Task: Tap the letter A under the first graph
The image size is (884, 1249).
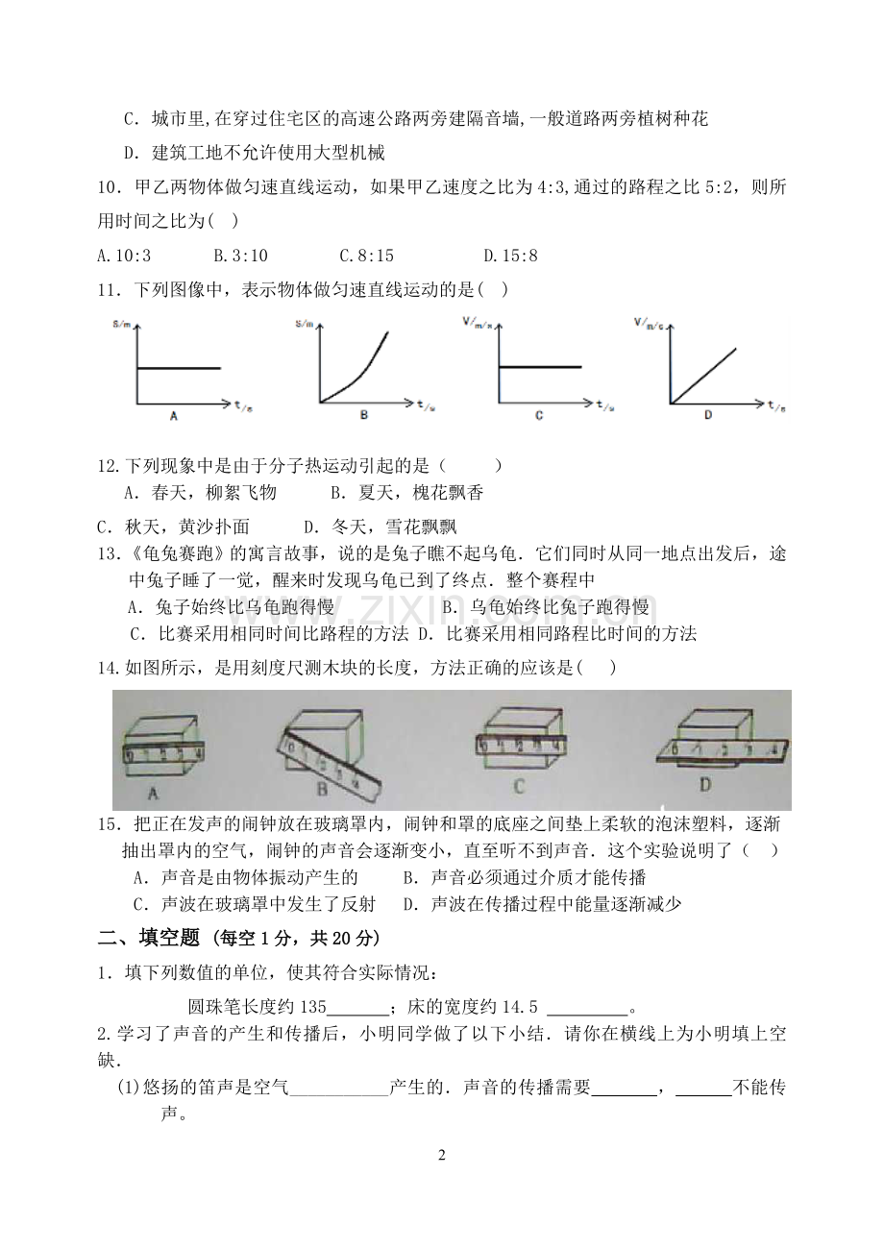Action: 173,416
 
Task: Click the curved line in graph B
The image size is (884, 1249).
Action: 361,366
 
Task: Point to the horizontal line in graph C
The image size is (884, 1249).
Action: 540,367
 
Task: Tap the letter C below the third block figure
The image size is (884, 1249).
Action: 518,786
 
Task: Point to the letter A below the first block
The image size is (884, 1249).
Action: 153,794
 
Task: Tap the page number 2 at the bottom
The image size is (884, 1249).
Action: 442,1155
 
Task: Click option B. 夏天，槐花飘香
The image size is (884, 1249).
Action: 407,494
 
